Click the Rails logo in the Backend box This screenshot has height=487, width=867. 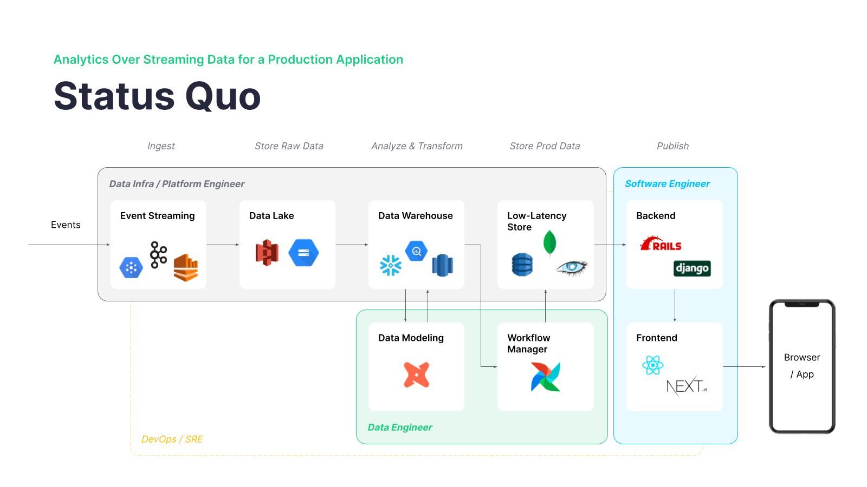click(661, 245)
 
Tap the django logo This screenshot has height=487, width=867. click(692, 268)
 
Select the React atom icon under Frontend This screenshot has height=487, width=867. click(652, 365)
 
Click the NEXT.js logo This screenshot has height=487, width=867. click(686, 386)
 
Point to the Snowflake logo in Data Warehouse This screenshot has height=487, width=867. click(391, 265)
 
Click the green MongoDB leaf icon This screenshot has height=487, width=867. click(549, 242)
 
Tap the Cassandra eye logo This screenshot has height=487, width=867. click(572, 267)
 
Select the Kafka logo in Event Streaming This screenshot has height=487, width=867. click(158, 255)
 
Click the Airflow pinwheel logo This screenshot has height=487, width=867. click(545, 377)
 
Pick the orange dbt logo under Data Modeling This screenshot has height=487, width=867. click(416, 374)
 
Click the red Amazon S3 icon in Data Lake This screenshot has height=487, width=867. click(267, 252)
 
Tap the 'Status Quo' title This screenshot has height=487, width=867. click(157, 96)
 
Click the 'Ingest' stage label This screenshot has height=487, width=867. click(161, 146)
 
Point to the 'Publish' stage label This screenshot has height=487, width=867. click(672, 146)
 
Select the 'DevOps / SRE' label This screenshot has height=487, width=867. click(172, 439)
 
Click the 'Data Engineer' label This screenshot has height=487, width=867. click(400, 427)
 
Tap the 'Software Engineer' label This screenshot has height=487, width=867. click(667, 183)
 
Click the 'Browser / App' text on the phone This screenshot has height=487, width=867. click(802, 365)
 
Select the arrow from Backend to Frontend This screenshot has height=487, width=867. click(675, 306)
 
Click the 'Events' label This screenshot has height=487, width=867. click(66, 225)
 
